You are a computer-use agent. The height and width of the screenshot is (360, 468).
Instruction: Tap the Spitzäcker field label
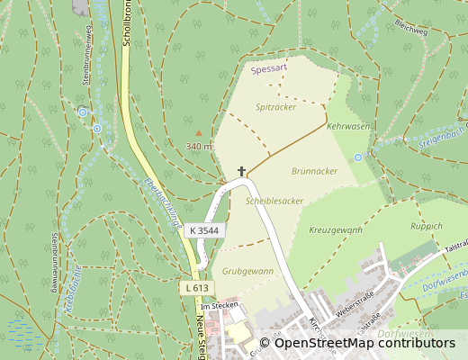(275, 107)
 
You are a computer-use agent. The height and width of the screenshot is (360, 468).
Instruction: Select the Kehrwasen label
(348, 127)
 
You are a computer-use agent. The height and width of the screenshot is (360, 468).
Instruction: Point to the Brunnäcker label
(314, 170)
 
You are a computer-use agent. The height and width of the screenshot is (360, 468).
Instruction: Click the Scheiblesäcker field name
(274, 202)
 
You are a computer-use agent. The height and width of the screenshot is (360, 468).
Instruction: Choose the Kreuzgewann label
(336, 231)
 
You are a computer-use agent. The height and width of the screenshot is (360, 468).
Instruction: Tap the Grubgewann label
(247, 270)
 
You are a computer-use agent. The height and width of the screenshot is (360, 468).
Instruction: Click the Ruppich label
(427, 226)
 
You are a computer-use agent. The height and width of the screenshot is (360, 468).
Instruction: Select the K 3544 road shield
(206, 230)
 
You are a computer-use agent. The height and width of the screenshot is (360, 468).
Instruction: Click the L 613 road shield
(195, 287)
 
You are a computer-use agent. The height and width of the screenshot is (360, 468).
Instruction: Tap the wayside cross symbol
(241, 170)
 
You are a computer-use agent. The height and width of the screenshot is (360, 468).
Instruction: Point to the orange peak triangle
(199, 132)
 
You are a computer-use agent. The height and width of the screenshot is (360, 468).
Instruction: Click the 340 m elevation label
(199, 146)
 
